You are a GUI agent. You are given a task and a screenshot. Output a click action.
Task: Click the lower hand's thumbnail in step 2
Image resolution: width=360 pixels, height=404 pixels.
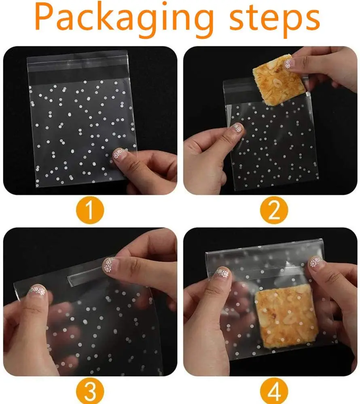(237, 128)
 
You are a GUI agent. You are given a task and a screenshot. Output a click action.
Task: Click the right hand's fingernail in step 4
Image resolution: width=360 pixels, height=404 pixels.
(316, 262)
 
